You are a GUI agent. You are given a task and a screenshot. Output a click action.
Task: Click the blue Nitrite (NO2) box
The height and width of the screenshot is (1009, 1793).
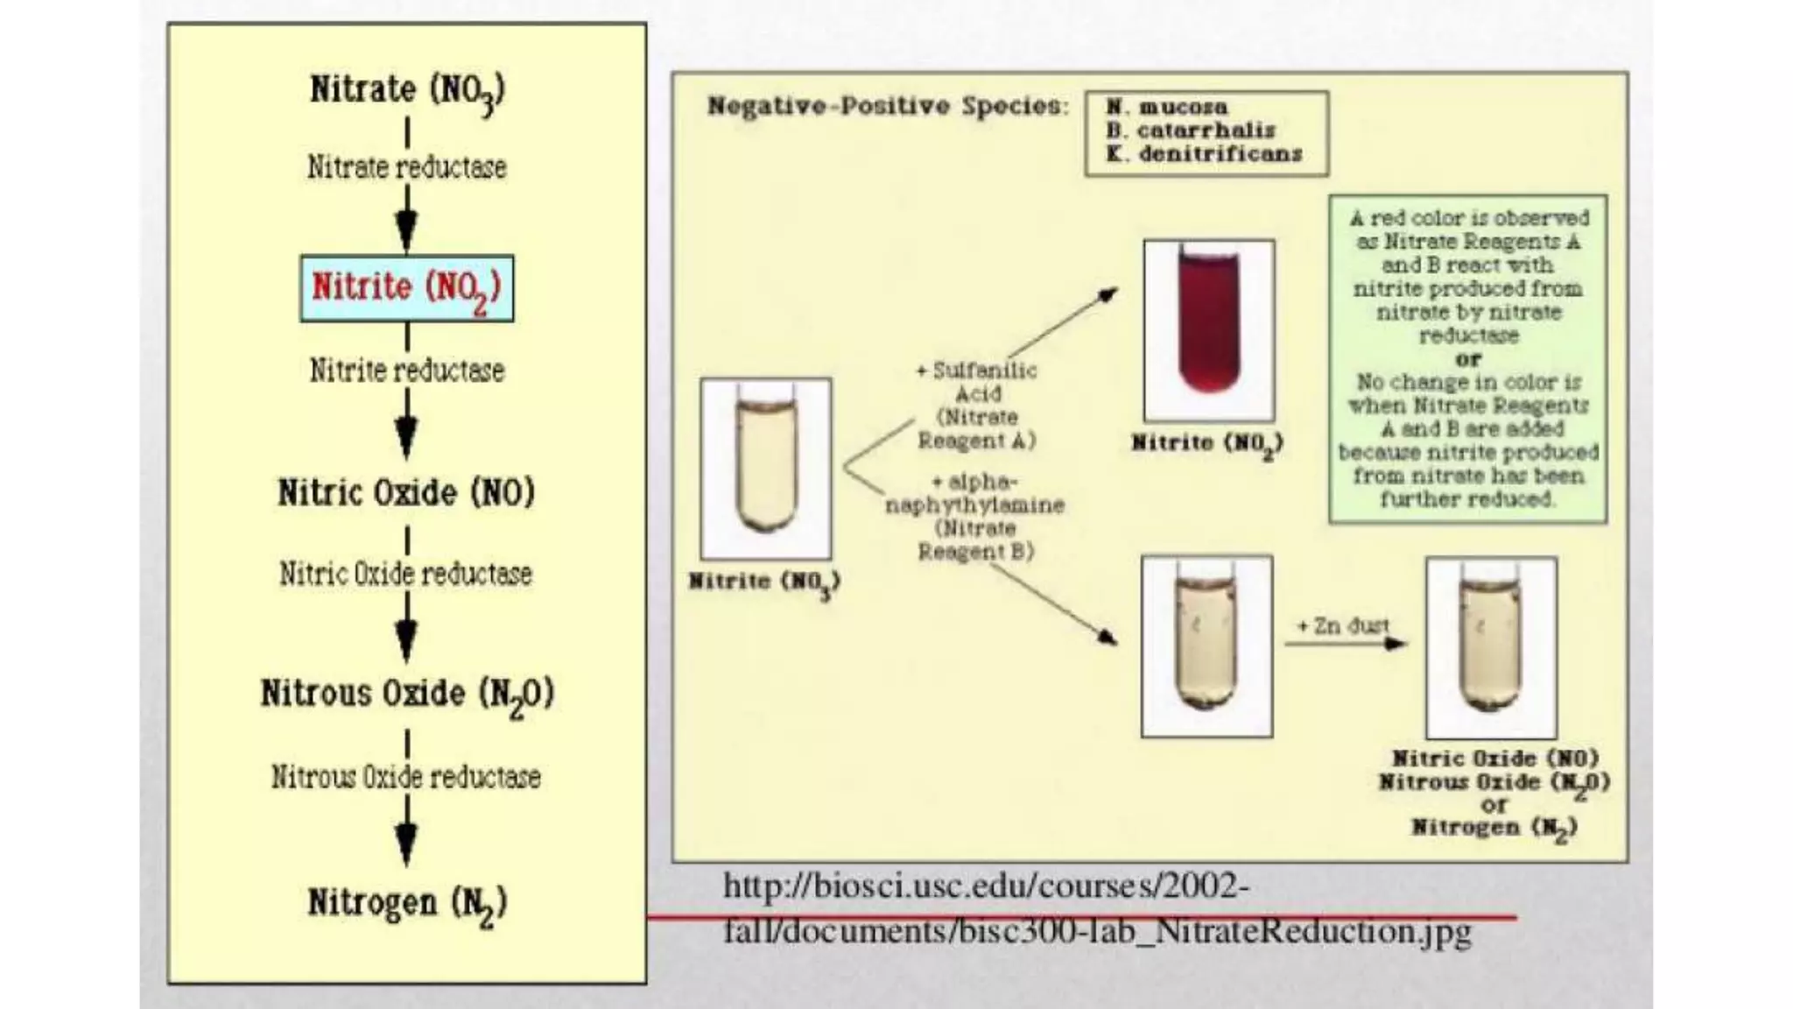pyautogui.click(x=406, y=288)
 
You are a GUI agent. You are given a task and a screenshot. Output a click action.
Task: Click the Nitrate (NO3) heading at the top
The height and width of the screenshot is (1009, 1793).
pyautogui.click(x=407, y=90)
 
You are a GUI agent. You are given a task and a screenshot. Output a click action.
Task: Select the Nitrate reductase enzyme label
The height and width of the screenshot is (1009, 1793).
pyautogui.click(x=406, y=166)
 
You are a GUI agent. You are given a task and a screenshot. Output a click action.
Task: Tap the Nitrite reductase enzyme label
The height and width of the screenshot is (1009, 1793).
pyautogui.click(x=406, y=370)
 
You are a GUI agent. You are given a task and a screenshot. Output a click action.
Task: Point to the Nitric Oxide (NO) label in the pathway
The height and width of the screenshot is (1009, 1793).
pyautogui.click(x=406, y=492)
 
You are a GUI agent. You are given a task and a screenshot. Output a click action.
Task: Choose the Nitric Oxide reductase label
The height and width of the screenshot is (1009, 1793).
pyautogui.click(x=405, y=574)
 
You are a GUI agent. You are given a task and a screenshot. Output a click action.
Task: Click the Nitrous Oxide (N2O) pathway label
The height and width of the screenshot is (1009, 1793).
pyautogui.click(x=407, y=694)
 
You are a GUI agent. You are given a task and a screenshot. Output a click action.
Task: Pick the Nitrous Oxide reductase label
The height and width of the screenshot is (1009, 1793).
pyautogui.click(x=405, y=777)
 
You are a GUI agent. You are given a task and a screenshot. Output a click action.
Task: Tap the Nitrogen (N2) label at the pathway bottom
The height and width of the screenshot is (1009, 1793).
pyautogui.click(x=407, y=903)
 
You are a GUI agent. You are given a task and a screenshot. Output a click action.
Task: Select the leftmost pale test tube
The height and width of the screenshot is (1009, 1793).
pyautogui.click(x=766, y=469)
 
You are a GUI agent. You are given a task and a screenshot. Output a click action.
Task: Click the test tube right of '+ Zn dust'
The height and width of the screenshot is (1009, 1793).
pyautogui.click(x=1491, y=647)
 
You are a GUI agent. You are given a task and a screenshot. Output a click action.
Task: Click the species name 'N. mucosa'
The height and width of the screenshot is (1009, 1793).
pyautogui.click(x=1166, y=107)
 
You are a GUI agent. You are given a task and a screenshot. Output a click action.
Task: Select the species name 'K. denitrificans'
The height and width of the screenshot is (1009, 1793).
pyautogui.click(x=1204, y=154)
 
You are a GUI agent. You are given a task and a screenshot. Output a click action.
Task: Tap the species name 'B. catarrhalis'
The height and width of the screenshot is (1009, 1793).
pyautogui.click(x=1191, y=131)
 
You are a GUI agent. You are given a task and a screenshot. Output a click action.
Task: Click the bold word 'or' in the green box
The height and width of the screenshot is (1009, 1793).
pyautogui.click(x=1468, y=359)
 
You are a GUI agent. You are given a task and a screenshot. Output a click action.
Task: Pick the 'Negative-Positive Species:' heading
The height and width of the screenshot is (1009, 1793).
pyautogui.click(x=888, y=106)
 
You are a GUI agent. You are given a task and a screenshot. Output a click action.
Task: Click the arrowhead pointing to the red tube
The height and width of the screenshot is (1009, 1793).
pyautogui.click(x=1108, y=293)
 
